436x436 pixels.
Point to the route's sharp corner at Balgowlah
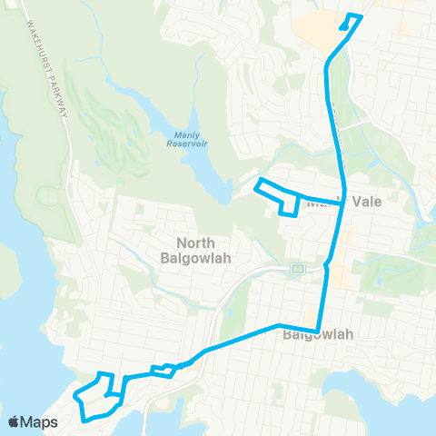click(317, 331)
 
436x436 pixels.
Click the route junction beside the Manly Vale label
click(342, 204)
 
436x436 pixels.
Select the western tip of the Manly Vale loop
click(257, 188)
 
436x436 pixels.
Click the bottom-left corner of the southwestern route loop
click(85, 419)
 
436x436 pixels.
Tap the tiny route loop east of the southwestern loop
click(163, 369)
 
